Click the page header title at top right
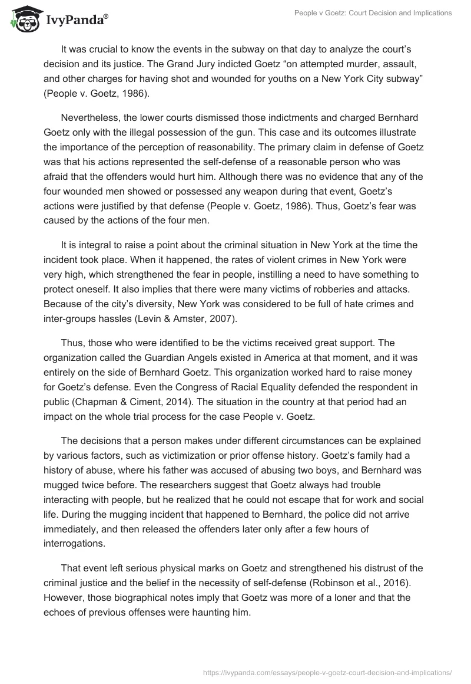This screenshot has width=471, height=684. [372, 13]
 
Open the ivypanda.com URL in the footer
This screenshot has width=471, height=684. [326, 672]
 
